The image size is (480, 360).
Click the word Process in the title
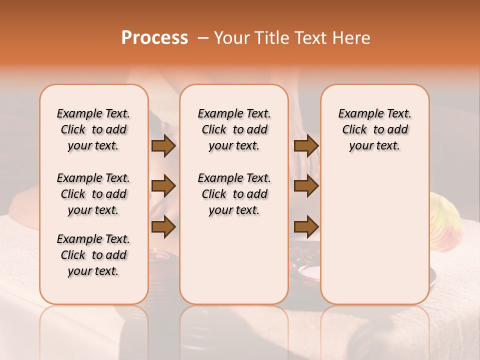pos(154,38)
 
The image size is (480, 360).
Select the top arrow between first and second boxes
pos(163,146)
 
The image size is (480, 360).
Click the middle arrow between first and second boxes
pos(163,186)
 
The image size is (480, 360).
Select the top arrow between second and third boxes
pos(306,146)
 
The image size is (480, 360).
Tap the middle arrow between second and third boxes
pos(306,186)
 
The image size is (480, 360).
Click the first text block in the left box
pos(93,129)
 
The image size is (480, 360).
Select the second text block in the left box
pos(93,194)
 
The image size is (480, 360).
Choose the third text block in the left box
pos(93,255)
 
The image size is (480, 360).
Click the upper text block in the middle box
pos(234,129)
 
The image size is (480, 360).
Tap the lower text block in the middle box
pos(234,194)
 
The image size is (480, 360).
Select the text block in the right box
pos(375,129)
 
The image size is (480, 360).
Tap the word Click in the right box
pos(354,130)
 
